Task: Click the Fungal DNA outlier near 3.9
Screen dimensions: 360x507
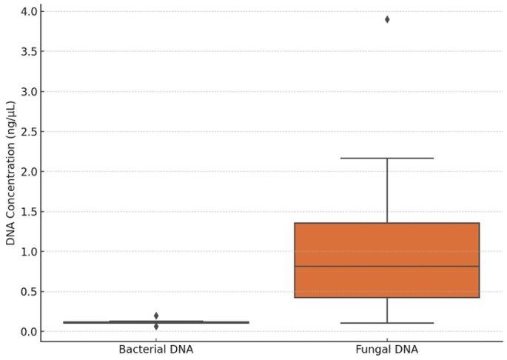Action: [387, 19]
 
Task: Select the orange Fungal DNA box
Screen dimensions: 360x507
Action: [386, 244]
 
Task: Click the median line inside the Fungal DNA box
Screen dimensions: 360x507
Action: [386, 266]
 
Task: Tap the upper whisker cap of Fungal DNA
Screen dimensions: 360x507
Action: [386, 158]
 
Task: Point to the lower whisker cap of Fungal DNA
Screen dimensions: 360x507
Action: [386, 323]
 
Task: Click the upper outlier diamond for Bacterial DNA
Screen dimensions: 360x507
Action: [156, 316]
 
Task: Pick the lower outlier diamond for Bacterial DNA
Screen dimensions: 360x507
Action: [156, 327]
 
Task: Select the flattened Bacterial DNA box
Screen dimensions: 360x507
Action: [156, 322]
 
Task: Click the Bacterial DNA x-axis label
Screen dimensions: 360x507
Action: [156, 350]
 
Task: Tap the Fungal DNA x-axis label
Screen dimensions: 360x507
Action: [386, 350]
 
